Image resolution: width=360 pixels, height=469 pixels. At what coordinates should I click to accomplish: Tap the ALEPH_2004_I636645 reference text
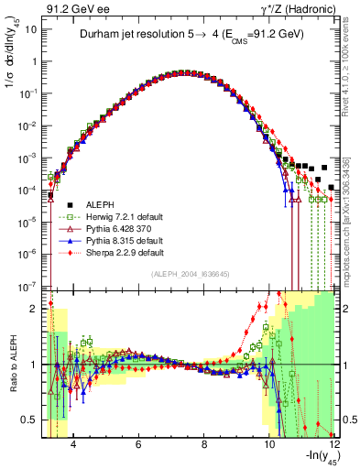point(191,274)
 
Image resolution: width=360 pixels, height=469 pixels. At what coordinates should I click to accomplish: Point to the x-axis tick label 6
point(138,444)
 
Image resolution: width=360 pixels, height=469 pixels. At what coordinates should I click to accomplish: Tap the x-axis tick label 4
point(73,444)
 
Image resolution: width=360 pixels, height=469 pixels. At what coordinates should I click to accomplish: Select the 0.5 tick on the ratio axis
point(33,420)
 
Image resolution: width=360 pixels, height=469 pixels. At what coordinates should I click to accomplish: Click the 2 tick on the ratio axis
point(37,309)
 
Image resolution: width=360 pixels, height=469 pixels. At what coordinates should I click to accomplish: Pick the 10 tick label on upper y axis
point(32,28)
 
